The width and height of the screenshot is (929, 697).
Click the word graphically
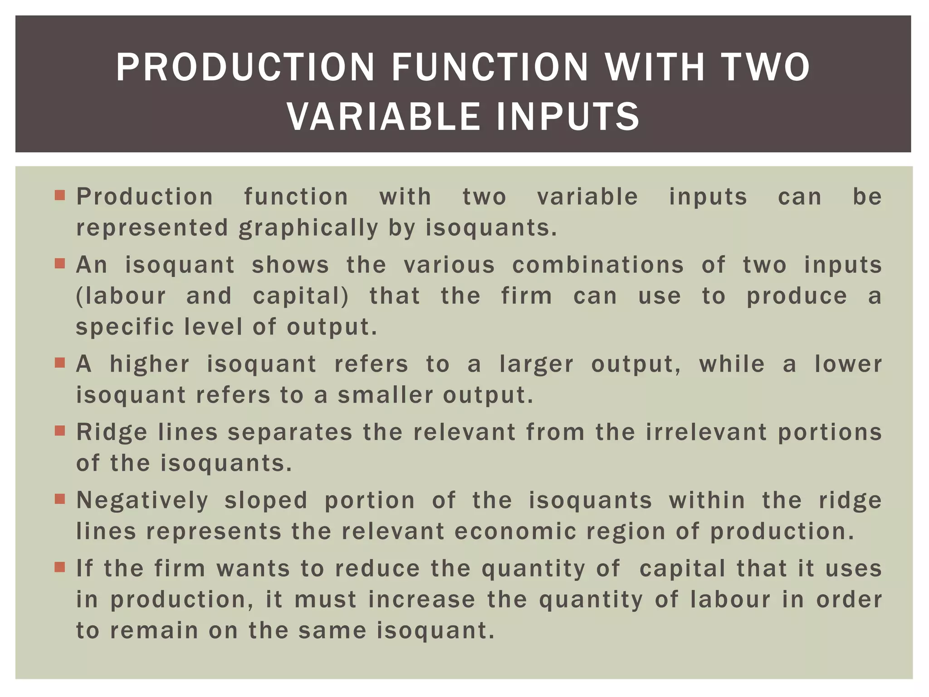[x=308, y=228]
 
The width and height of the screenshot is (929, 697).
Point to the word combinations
[x=598, y=265]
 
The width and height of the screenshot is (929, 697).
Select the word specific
[x=125, y=327]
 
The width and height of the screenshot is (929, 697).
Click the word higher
[x=150, y=364]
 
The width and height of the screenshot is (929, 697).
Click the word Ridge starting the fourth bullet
[x=112, y=432]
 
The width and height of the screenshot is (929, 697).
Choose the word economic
[x=515, y=531]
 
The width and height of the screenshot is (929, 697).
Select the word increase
[x=421, y=599]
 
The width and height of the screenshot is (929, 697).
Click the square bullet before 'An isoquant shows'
[x=60, y=264]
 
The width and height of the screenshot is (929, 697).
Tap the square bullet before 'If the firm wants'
[x=60, y=567]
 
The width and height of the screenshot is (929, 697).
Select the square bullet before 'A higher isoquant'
[x=60, y=363]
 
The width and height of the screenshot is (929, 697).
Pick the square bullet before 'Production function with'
[x=60, y=196]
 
